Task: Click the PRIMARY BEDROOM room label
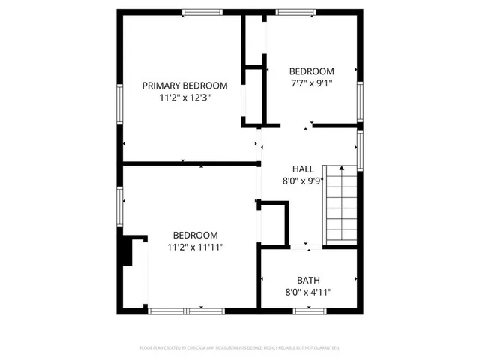tap(184, 85)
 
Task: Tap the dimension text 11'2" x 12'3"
tap(184, 97)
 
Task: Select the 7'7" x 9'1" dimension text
tap(312, 83)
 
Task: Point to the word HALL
tap(304, 169)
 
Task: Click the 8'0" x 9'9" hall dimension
tap(304, 181)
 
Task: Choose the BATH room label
tap(307, 280)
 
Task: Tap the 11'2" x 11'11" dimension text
tap(195, 247)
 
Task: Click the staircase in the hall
tap(340, 205)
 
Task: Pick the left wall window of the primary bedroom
tap(119, 103)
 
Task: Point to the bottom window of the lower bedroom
tap(175, 310)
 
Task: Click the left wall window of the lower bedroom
tap(119, 206)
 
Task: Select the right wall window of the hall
tap(360, 151)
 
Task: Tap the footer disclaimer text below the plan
tap(240, 348)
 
